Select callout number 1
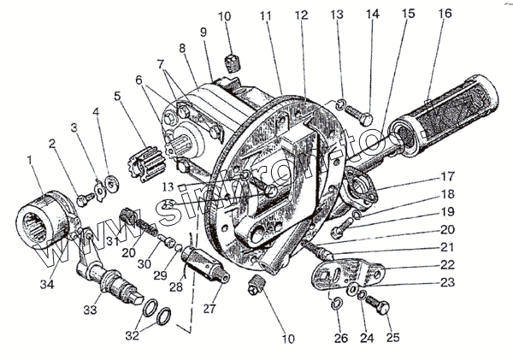tap(32, 159)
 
